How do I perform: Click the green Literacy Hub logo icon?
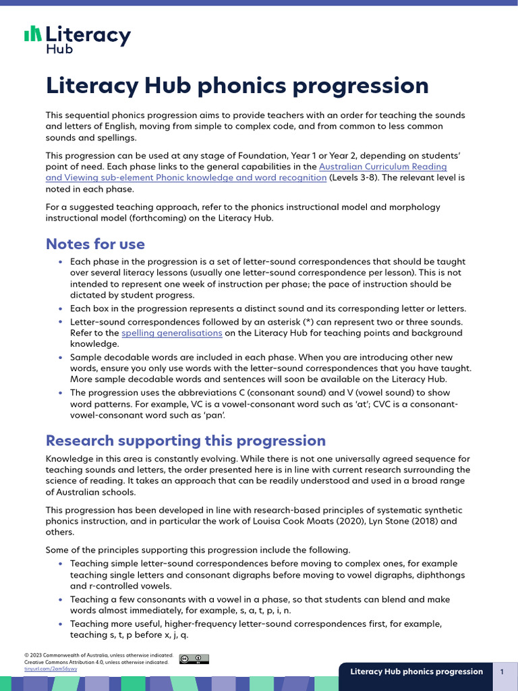click(x=32, y=34)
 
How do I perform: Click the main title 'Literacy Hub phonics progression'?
click(x=237, y=86)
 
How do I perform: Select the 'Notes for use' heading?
click(x=95, y=244)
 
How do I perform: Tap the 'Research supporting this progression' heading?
click(x=185, y=441)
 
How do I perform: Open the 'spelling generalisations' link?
click(x=171, y=333)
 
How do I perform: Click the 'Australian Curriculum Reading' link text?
click(x=382, y=166)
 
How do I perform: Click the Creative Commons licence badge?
click(x=194, y=659)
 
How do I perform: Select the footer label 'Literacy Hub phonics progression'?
click(x=416, y=671)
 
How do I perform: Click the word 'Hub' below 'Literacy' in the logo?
click(x=58, y=49)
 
